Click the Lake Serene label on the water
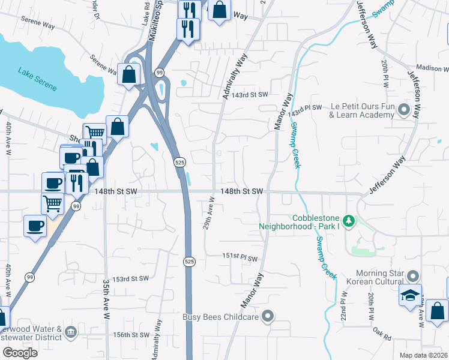pyautogui.click(x=37, y=80)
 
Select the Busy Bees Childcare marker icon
pyautogui.click(x=268, y=316)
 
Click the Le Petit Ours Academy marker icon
pyautogui.click(x=403, y=110)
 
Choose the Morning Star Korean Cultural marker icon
pyautogui.click(x=412, y=277)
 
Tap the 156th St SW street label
pyautogui.click(x=130, y=335)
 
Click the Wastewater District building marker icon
pyautogui.click(x=71, y=331)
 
